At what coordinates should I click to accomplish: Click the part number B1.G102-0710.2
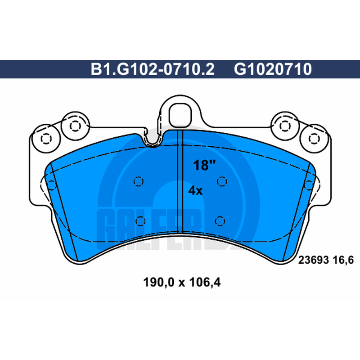(153, 69)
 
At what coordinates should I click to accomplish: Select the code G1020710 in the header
(273, 69)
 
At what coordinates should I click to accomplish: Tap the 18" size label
(204, 165)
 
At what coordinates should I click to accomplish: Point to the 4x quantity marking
(195, 190)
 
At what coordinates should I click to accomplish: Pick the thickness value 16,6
(342, 261)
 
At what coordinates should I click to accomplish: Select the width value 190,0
(159, 282)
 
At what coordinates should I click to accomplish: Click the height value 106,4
(205, 282)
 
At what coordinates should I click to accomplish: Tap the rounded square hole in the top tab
(180, 115)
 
